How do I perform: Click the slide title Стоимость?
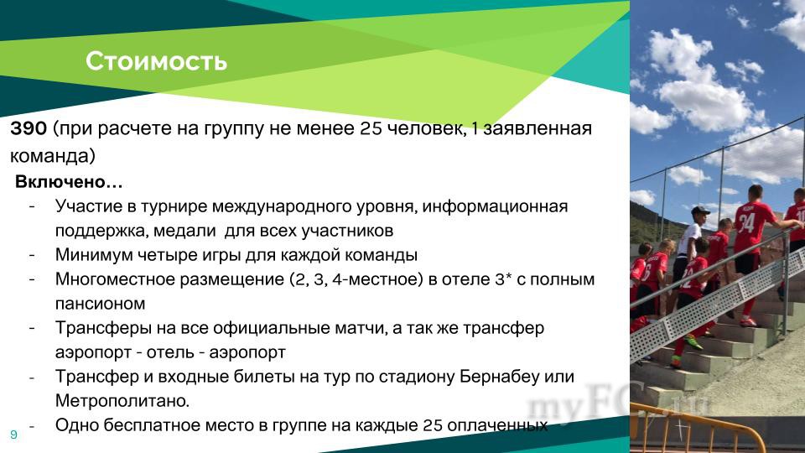pyautogui.click(x=156, y=61)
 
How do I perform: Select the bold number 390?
pyautogui.click(x=29, y=128)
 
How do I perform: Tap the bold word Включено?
pyautogui.click(x=60, y=181)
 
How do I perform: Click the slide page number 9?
pyautogui.click(x=14, y=435)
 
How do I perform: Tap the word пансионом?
pyautogui.click(x=100, y=304)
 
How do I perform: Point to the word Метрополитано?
pyautogui.click(x=122, y=401)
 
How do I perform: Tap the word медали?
pyautogui.click(x=184, y=231)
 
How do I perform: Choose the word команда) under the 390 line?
pyautogui.click(x=53, y=156)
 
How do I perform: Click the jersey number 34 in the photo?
pyautogui.click(x=746, y=223)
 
